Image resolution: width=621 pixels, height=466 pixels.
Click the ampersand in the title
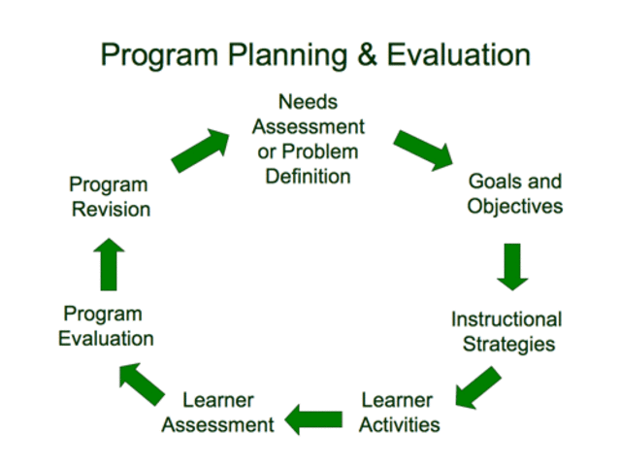click(366, 54)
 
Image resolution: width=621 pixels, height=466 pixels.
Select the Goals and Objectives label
click(514, 194)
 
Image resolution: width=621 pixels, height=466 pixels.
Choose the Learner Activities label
click(400, 413)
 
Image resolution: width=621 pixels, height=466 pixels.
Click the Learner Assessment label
click(218, 413)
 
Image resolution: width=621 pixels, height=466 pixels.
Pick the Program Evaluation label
click(106, 326)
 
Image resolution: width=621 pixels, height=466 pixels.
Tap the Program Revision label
click(110, 196)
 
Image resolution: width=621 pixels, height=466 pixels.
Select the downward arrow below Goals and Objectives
click(513, 266)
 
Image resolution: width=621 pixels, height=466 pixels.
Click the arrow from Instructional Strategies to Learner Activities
click(478, 387)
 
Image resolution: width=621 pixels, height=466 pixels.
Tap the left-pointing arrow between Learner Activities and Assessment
click(313, 419)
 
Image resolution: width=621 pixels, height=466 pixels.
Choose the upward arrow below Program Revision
click(110, 263)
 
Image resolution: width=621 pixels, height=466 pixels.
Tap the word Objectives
click(514, 207)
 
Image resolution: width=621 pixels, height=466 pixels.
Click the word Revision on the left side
click(110, 209)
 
